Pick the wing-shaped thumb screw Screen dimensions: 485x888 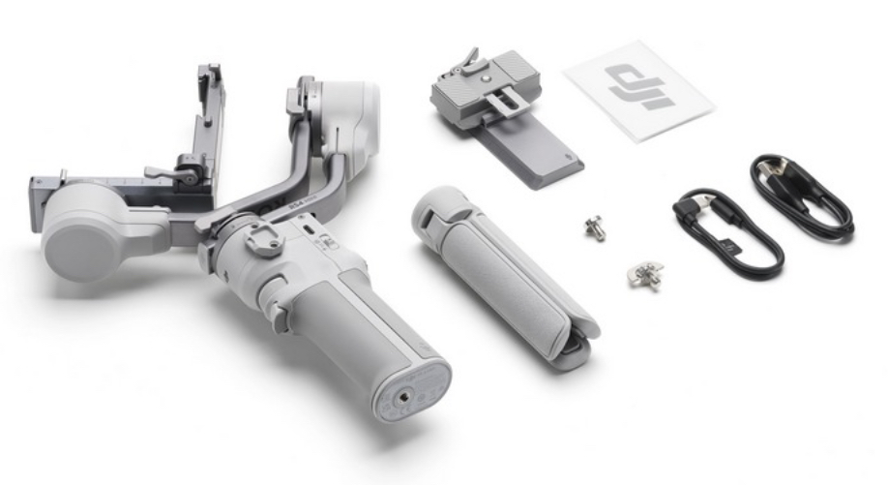643,276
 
